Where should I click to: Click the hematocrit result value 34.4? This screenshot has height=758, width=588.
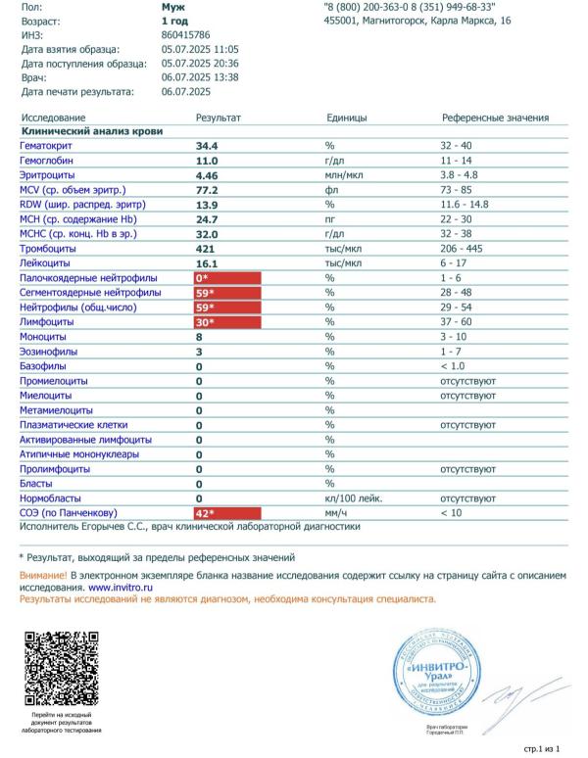point(207,145)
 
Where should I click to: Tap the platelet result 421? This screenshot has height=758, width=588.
point(205,248)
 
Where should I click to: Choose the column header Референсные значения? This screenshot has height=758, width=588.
point(495,118)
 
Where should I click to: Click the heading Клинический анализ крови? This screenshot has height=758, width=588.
point(92,130)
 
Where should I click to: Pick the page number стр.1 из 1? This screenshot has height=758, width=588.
point(542,748)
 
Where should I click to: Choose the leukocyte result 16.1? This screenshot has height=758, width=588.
point(206,263)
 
